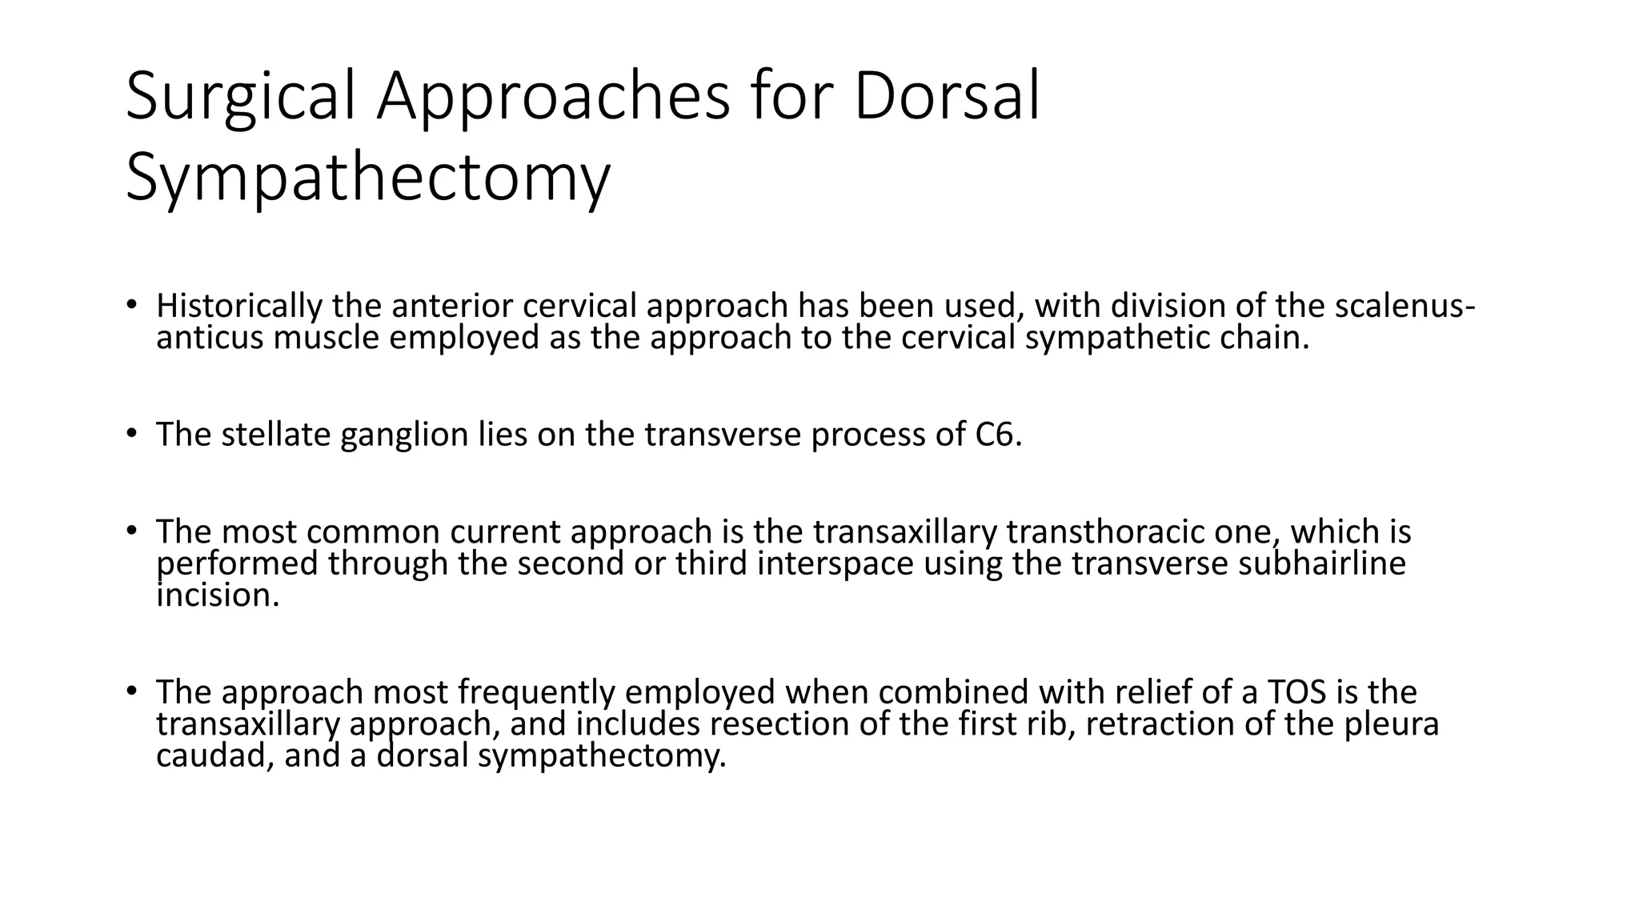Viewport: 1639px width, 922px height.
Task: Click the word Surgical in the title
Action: pos(240,98)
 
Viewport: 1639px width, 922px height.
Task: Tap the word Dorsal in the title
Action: pos(946,98)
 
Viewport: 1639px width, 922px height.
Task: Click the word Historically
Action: pos(239,307)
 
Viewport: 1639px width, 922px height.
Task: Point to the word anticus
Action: pos(210,339)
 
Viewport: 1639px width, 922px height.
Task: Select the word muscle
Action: pos(326,339)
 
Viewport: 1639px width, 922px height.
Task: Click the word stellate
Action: pos(275,435)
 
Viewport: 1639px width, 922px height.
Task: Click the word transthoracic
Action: pos(1105,532)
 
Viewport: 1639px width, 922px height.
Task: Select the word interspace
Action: pos(835,564)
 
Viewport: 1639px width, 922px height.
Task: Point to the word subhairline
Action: pos(1321,564)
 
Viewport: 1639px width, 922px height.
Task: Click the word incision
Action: pos(217,596)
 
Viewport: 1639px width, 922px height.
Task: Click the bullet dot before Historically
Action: pos(131,304)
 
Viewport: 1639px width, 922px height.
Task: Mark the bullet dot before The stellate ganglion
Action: pos(131,433)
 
